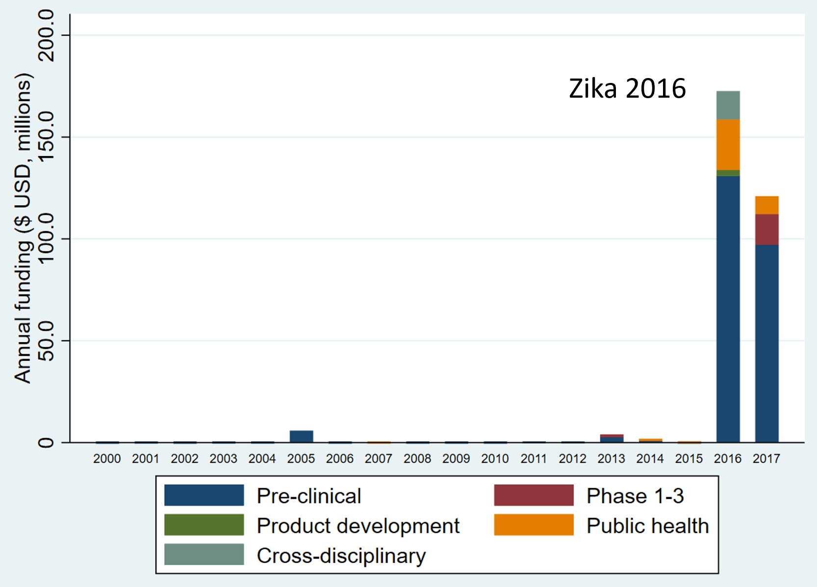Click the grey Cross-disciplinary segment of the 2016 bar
[x=728, y=105]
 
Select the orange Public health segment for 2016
[x=728, y=144]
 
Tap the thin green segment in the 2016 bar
[x=728, y=173]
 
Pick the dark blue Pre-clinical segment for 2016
[x=728, y=309]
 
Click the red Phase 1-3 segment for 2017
[x=766, y=229]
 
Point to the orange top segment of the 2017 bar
[x=766, y=205]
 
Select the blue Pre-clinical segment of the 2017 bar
[x=766, y=344]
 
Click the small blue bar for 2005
[x=301, y=436]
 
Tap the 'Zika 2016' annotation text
[x=627, y=89]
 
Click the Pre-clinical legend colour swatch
[x=204, y=495]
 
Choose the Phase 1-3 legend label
[x=635, y=496]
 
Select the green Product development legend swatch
[x=204, y=525]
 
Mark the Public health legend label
[x=647, y=526]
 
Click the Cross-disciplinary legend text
[x=341, y=556]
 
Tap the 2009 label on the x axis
[x=456, y=459]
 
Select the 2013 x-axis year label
[x=611, y=459]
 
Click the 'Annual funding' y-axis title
[x=23, y=228]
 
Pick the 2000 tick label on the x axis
[x=107, y=459]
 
